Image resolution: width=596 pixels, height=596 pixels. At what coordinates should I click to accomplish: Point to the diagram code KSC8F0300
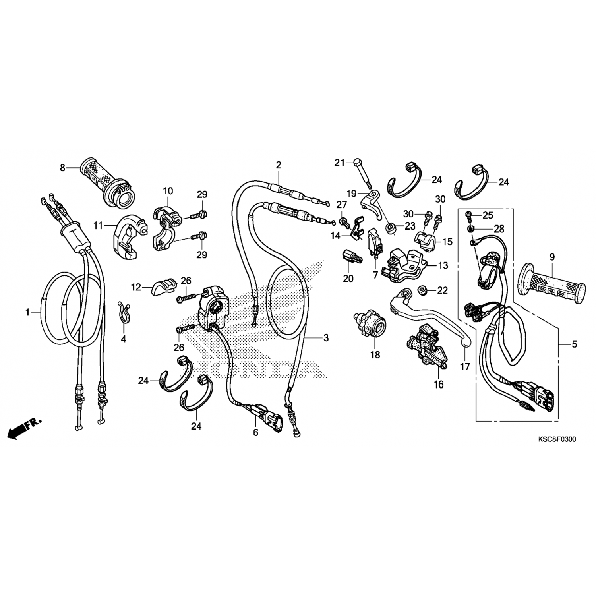pyautogui.click(x=557, y=439)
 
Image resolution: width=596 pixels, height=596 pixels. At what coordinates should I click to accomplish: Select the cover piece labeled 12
pyautogui.click(x=161, y=286)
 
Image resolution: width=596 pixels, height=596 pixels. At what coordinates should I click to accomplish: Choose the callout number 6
pyautogui.click(x=255, y=432)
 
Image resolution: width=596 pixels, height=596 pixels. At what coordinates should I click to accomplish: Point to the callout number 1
pyautogui.click(x=28, y=313)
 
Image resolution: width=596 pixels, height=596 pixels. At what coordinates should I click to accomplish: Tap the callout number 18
pyautogui.click(x=375, y=354)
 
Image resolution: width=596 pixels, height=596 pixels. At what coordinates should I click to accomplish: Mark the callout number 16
pyautogui.click(x=439, y=385)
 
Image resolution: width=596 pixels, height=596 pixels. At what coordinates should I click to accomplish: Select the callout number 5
pyautogui.click(x=575, y=344)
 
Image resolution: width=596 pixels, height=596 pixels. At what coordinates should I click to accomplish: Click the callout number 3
pyautogui.click(x=326, y=338)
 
